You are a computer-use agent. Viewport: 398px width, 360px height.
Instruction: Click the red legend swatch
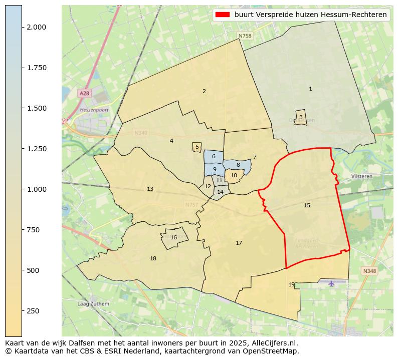222,15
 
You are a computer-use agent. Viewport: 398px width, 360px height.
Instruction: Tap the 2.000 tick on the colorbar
22,27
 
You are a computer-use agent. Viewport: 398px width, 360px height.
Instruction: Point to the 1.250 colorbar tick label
36,149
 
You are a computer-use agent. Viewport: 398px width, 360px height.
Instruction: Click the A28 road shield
84,93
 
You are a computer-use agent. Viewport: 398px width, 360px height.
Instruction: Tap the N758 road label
245,36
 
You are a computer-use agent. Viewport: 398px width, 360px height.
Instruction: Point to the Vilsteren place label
361,177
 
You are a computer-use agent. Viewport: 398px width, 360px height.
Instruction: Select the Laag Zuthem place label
93,303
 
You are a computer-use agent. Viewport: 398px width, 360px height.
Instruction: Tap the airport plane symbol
331,283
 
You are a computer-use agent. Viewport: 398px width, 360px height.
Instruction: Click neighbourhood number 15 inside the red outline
307,205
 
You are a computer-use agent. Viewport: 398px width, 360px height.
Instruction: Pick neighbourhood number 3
301,117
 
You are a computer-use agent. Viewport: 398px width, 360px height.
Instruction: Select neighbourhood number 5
197,147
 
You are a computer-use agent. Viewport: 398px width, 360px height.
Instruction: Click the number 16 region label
173,238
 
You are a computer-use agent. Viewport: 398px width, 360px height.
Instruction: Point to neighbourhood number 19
291,284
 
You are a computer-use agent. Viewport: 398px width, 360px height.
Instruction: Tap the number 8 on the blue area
238,165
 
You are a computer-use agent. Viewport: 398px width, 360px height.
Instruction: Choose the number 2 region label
204,91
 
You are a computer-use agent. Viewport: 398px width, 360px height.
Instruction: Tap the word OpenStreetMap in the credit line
271,351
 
